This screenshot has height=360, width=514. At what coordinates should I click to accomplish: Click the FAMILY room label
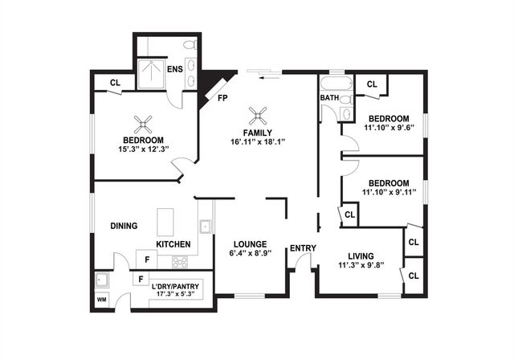point(259,133)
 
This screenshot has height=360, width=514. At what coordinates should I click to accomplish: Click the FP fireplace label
point(221,98)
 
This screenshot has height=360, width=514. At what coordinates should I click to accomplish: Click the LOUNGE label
point(250,244)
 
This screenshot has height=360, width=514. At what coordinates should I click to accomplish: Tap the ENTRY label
point(302,248)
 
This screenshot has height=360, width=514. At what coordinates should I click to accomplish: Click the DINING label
point(124,226)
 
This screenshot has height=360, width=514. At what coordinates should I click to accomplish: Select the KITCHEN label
point(173,244)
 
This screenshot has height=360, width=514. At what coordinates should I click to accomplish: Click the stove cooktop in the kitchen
point(179,261)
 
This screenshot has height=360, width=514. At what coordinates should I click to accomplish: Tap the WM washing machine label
point(101,300)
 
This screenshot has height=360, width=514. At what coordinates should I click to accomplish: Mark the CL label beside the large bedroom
point(115,82)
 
